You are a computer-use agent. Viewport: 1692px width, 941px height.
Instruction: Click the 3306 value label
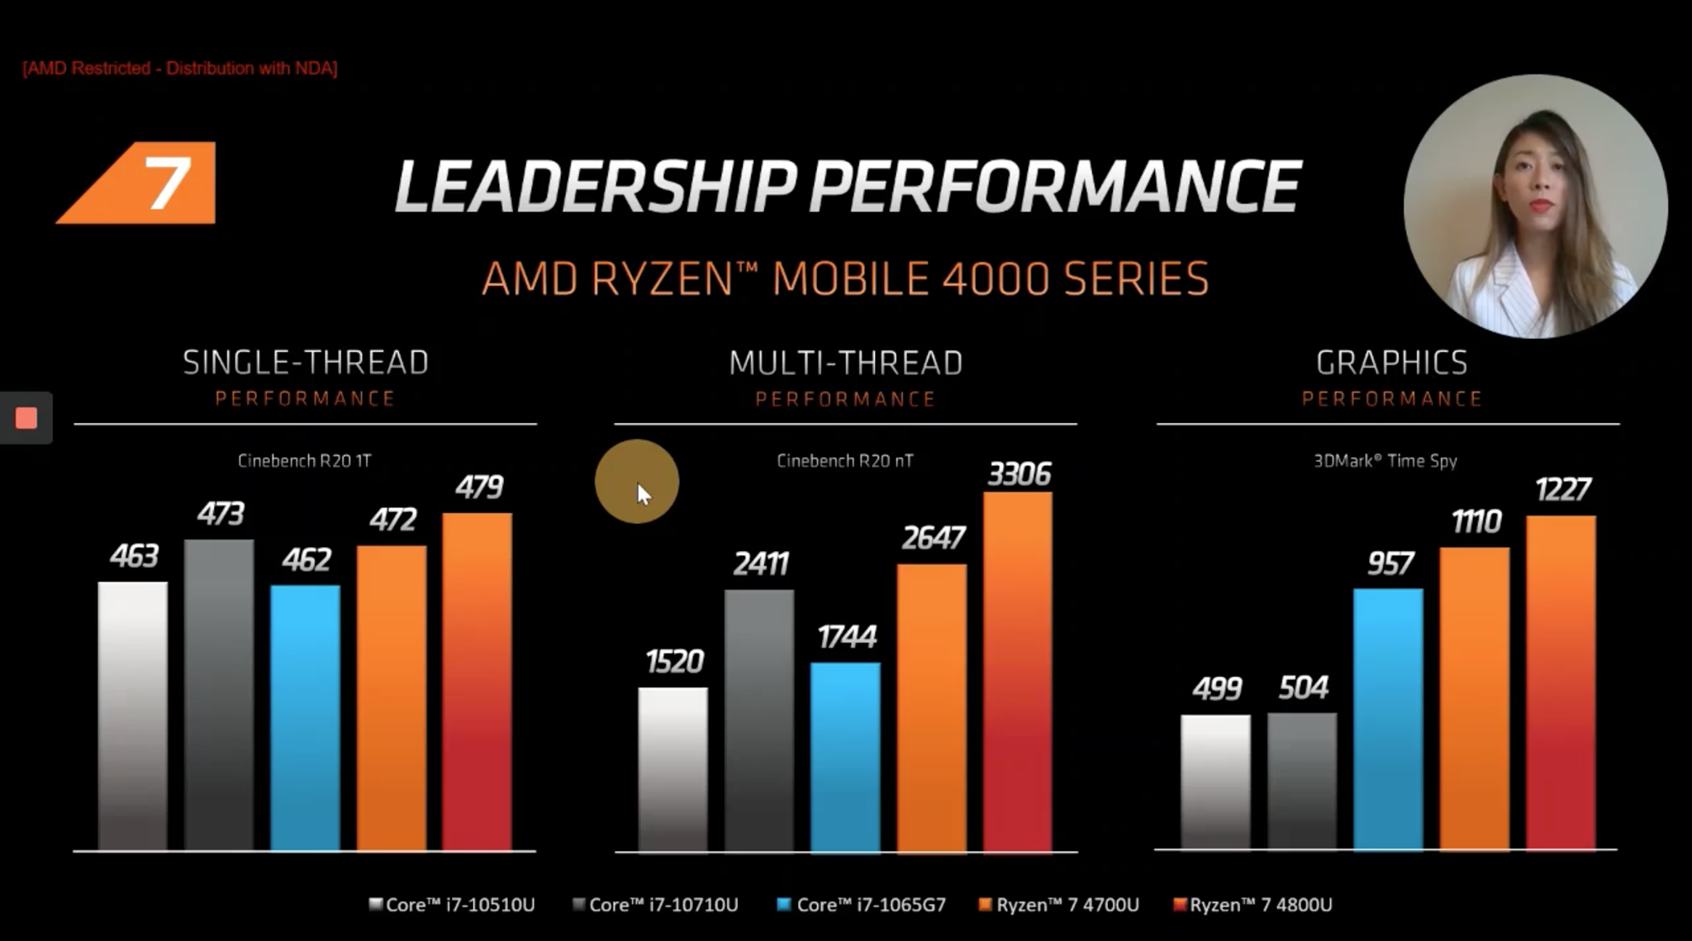pyautogui.click(x=1019, y=474)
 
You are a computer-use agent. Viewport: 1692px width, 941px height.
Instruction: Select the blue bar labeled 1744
pyautogui.click(x=845, y=756)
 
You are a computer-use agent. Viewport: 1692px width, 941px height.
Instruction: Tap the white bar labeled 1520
pyautogui.click(x=673, y=768)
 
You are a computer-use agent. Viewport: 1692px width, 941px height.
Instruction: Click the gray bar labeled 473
pyautogui.click(x=219, y=694)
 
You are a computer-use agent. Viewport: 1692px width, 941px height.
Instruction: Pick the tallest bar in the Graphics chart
pyautogui.click(x=1561, y=682)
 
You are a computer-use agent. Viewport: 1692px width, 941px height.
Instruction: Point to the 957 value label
pyautogui.click(x=1390, y=563)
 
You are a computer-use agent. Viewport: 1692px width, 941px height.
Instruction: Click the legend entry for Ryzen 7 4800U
pyautogui.click(x=1252, y=905)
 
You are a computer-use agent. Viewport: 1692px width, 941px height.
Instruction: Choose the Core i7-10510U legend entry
pyautogui.click(x=452, y=905)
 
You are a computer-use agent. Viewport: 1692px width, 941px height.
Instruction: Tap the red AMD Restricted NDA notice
pyautogui.click(x=180, y=69)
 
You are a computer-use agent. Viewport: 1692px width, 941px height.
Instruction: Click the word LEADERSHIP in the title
pyautogui.click(x=596, y=186)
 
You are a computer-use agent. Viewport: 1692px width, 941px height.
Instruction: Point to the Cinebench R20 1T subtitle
pyautogui.click(x=304, y=461)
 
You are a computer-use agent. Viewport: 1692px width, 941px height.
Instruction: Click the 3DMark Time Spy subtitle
pyautogui.click(x=1385, y=461)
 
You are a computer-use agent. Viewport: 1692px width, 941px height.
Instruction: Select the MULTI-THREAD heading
pyautogui.click(x=845, y=363)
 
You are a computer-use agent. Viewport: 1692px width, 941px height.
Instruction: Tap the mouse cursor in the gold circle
pyautogui.click(x=644, y=493)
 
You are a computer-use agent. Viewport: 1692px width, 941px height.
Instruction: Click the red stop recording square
pyautogui.click(x=26, y=418)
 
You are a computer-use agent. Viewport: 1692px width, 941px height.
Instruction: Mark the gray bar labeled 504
pyautogui.click(x=1301, y=781)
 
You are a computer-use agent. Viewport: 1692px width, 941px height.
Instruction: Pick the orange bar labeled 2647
pyautogui.click(x=931, y=706)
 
